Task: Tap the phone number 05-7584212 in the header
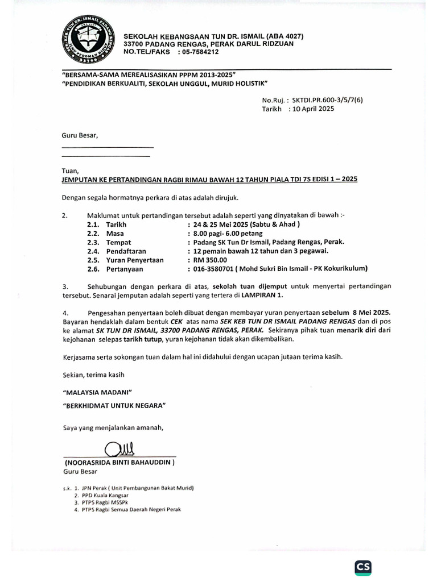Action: (x=199, y=52)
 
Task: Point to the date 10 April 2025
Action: (x=312, y=109)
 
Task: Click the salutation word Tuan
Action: (x=71, y=170)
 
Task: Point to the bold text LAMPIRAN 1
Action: (x=261, y=296)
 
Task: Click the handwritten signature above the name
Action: (x=119, y=450)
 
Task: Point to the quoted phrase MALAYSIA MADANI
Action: (x=96, y=393)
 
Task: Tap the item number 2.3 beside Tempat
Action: (x=93, y=242)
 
